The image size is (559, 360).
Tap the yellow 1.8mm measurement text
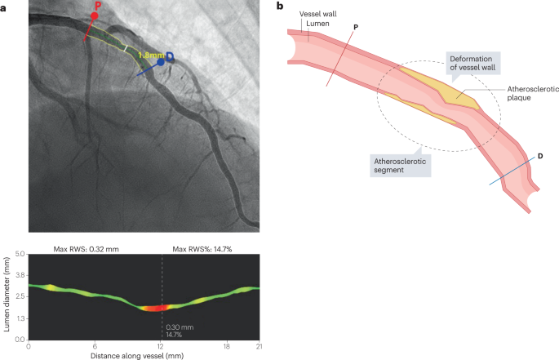[151, 55]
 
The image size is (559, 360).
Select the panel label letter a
[4, 6]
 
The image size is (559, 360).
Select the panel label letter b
[281, 6]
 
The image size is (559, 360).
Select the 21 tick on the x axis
[259, 346]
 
